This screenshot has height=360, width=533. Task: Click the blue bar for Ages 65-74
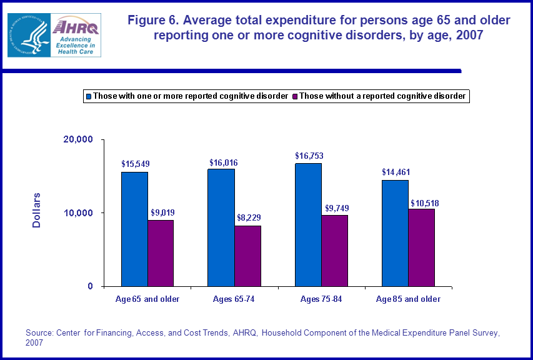(222, 227)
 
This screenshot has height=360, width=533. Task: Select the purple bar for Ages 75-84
(334, 251)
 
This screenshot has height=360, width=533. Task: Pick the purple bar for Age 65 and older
(161, 253)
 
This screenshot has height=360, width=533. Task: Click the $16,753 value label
(309, 156)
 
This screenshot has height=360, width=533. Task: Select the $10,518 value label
(423, 203)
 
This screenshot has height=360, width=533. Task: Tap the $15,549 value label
(136, 164)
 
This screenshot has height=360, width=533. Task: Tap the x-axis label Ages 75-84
(322, 299)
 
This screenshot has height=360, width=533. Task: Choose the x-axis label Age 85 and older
(408, 299)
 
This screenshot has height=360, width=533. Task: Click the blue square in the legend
(88, 96)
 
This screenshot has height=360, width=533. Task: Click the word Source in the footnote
(39, 333)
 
